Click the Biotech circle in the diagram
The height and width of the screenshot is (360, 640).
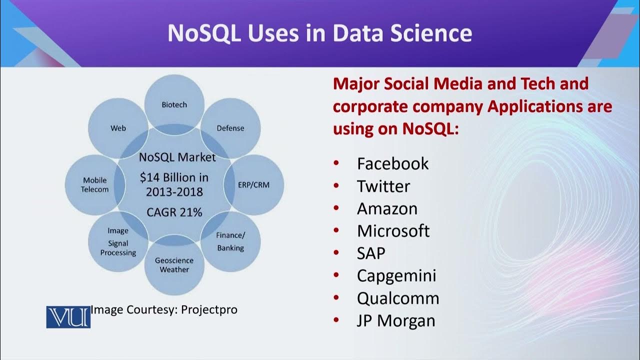pos(174,102)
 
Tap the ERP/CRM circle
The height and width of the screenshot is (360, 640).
pos(254,184)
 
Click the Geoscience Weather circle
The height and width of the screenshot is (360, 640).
pos(174,265)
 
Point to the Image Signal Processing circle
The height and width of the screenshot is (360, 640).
pos(118,242)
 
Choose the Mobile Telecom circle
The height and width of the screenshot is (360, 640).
pos(95,184)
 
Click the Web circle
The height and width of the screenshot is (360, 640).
pos(118,128)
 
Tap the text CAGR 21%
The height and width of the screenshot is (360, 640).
pos(174,212)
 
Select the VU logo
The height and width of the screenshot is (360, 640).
pos(68,317)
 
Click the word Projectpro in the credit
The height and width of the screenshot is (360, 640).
pos(209,310)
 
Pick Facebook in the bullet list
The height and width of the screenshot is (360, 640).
pos(392,163)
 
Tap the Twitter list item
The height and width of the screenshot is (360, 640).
pos(383,186)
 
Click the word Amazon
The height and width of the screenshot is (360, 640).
pos(387,208)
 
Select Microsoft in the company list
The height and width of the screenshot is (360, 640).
pos(393,231)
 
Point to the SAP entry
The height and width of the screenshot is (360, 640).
pos(371,253)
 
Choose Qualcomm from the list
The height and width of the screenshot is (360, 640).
pos(397,298)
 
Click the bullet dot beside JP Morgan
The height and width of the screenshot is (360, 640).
pos(336,320)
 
